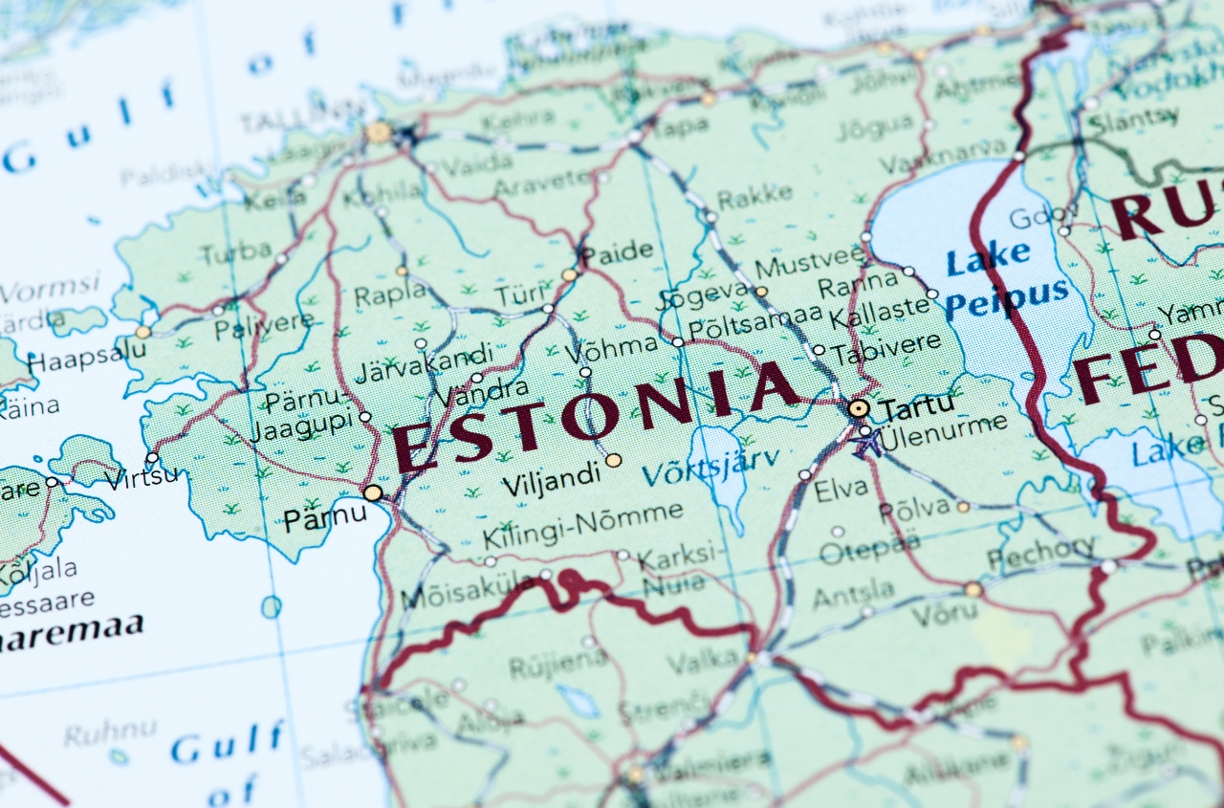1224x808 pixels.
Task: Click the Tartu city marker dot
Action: pyautogui.click(x=859, y=408)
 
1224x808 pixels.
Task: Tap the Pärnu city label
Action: pyautogui.click(x=324, y=518)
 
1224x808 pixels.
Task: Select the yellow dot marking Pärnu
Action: pyautogui.click(x=373, y=492)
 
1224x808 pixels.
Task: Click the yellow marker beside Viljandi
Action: pyautogui.click(x=613, y=460)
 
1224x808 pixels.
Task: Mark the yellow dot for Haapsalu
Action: pyautogui.click(x=142, y=332)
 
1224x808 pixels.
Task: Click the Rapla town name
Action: pyautogui.click(x=390, y=294)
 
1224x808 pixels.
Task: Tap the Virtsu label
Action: pyautogui.click(x=142, y=476)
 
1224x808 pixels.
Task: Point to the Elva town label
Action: pyautogui.click(x=841, y=491)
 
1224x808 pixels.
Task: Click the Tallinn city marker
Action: pyautogui.click(x=379, y=132)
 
